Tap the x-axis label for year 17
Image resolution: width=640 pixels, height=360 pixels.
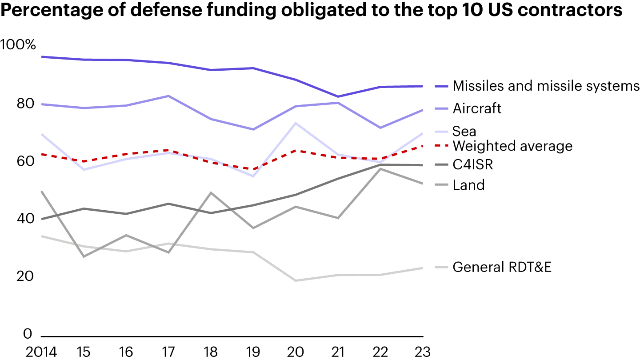168,352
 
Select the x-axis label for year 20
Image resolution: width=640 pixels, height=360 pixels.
296,352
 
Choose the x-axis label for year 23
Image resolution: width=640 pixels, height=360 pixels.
422,352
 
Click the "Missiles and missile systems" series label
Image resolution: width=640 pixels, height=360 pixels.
546,86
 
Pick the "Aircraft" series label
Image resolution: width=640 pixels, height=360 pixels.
477,108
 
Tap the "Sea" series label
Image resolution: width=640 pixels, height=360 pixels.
464,131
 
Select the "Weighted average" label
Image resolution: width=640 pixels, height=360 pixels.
512,146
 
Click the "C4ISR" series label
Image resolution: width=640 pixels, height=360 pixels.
473,165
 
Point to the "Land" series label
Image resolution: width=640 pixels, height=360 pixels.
468,184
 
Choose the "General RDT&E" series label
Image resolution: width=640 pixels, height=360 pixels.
502,267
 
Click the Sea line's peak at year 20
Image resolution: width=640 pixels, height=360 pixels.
296,123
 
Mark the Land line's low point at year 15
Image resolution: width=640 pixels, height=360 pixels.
83,256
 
